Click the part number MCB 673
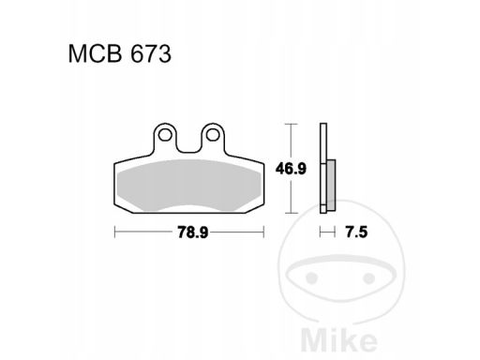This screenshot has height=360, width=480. click(x=120, y=54)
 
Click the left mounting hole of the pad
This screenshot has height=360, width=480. click(x=165, y=135)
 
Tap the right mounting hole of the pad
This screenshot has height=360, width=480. click(x=213, y=135)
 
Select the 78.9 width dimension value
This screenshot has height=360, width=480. click(x=192, y=232)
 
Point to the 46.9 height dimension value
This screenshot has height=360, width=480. click(x=291, y=169)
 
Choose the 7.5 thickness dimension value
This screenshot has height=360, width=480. click(x=356, y=232)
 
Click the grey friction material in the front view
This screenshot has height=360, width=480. click(x=189, y=185)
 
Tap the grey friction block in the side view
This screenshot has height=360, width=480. click(x=331, y=185)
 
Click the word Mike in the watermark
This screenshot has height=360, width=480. click(x=339, y=340)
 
